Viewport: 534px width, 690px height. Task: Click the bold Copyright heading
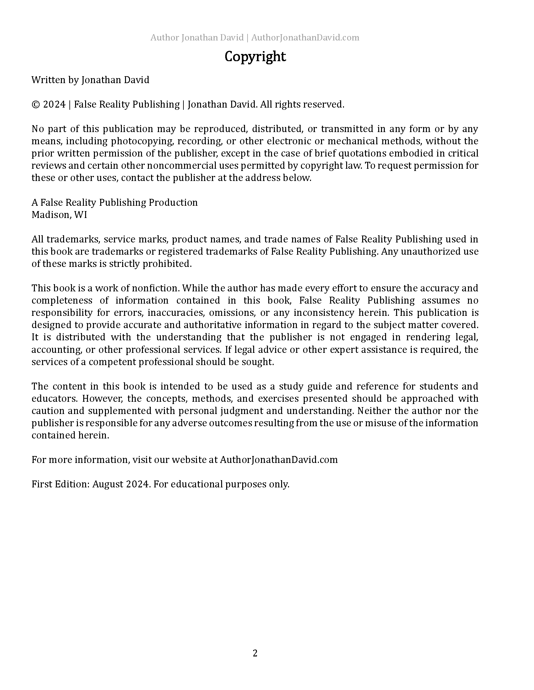click(255, 57)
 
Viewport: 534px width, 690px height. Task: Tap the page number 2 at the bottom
click(255, 653)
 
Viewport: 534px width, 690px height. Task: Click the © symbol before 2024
click(35, 104)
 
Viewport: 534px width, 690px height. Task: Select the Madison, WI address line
click(59, 215)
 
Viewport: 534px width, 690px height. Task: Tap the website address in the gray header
click(305, 38)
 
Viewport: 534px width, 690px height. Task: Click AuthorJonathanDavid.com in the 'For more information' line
click(279, 460)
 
